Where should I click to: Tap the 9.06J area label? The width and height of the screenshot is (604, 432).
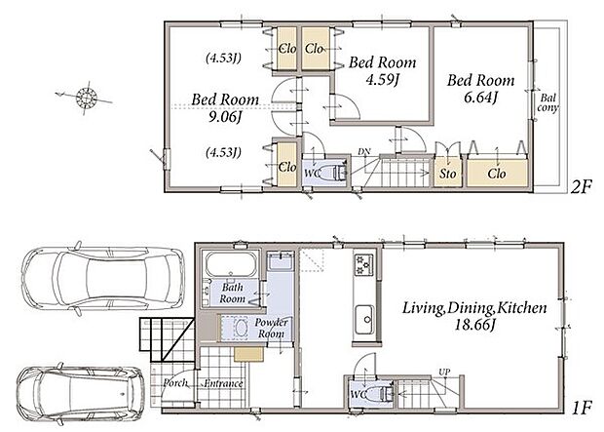[225, 117]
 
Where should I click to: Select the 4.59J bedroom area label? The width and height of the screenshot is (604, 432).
[382, 80]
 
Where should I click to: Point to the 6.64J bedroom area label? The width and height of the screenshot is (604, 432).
[480, 98]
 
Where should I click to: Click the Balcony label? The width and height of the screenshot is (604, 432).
[547, 103]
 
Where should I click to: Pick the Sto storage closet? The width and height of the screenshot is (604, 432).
[447, 173]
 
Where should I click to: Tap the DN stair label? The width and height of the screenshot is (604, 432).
[364, 151]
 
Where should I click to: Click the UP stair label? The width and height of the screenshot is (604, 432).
[444, 373]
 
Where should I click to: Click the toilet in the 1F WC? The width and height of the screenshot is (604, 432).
[380, 394]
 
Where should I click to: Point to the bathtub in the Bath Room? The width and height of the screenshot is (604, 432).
[231, 264]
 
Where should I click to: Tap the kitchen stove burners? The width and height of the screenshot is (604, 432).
[364, 264]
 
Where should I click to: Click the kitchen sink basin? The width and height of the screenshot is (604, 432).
[364, 320]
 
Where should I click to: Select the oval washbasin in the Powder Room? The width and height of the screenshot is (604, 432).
[242, 329]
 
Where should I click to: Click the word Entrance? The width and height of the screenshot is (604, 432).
[223, 384]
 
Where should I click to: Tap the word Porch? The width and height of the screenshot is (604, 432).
[175, 383]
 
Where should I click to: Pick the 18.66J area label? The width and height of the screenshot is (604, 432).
[474, 325]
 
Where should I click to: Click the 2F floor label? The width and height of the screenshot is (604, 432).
[581, 188]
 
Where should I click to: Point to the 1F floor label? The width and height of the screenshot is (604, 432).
[581, 408]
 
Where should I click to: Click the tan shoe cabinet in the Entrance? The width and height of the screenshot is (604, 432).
[248, 354]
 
